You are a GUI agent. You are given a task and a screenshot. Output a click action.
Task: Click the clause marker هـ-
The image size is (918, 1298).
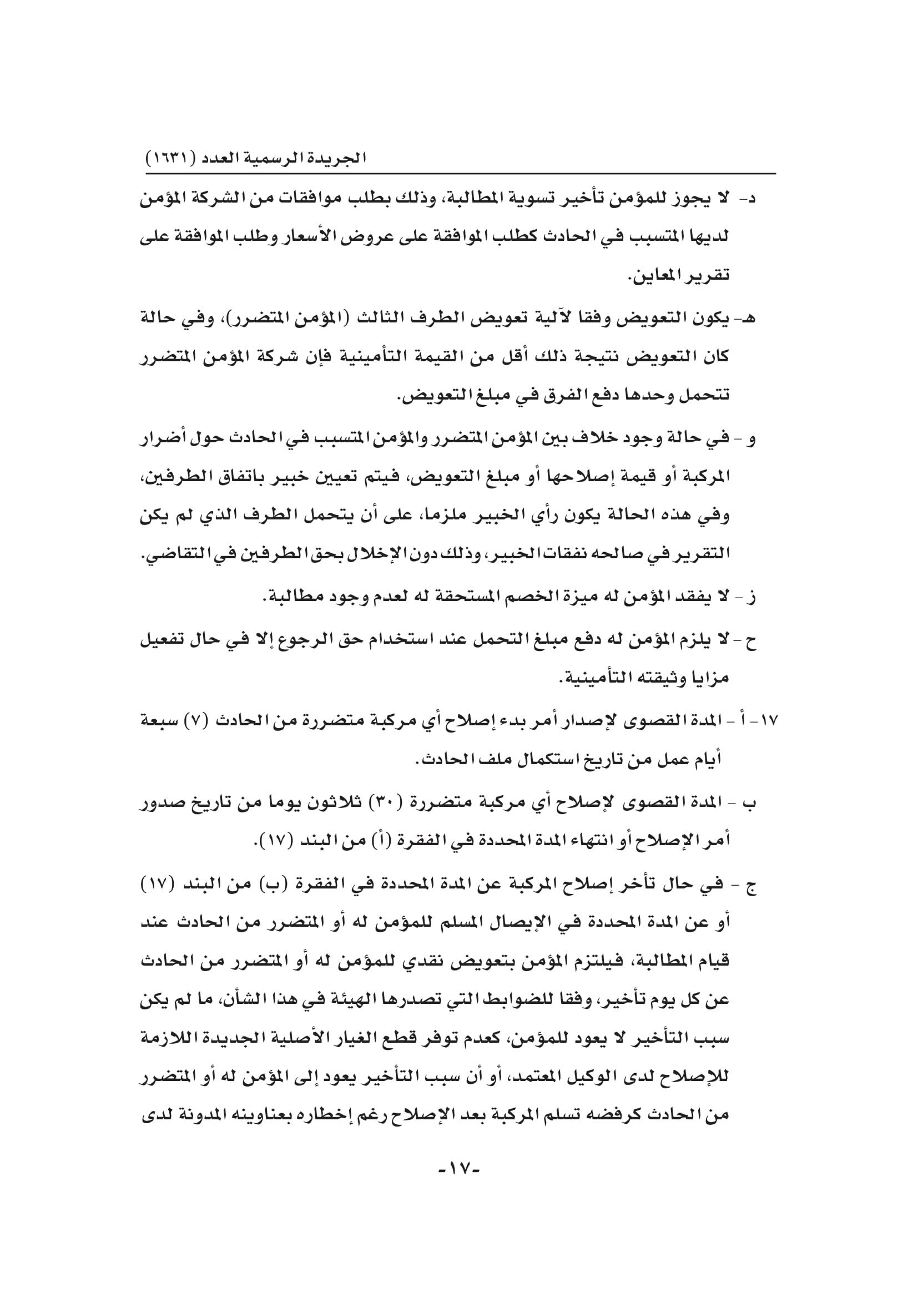point(746,319)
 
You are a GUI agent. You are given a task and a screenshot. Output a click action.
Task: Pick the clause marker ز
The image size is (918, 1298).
point(751,598)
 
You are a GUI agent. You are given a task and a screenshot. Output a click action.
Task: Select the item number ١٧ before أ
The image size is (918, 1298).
point(770,721)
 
